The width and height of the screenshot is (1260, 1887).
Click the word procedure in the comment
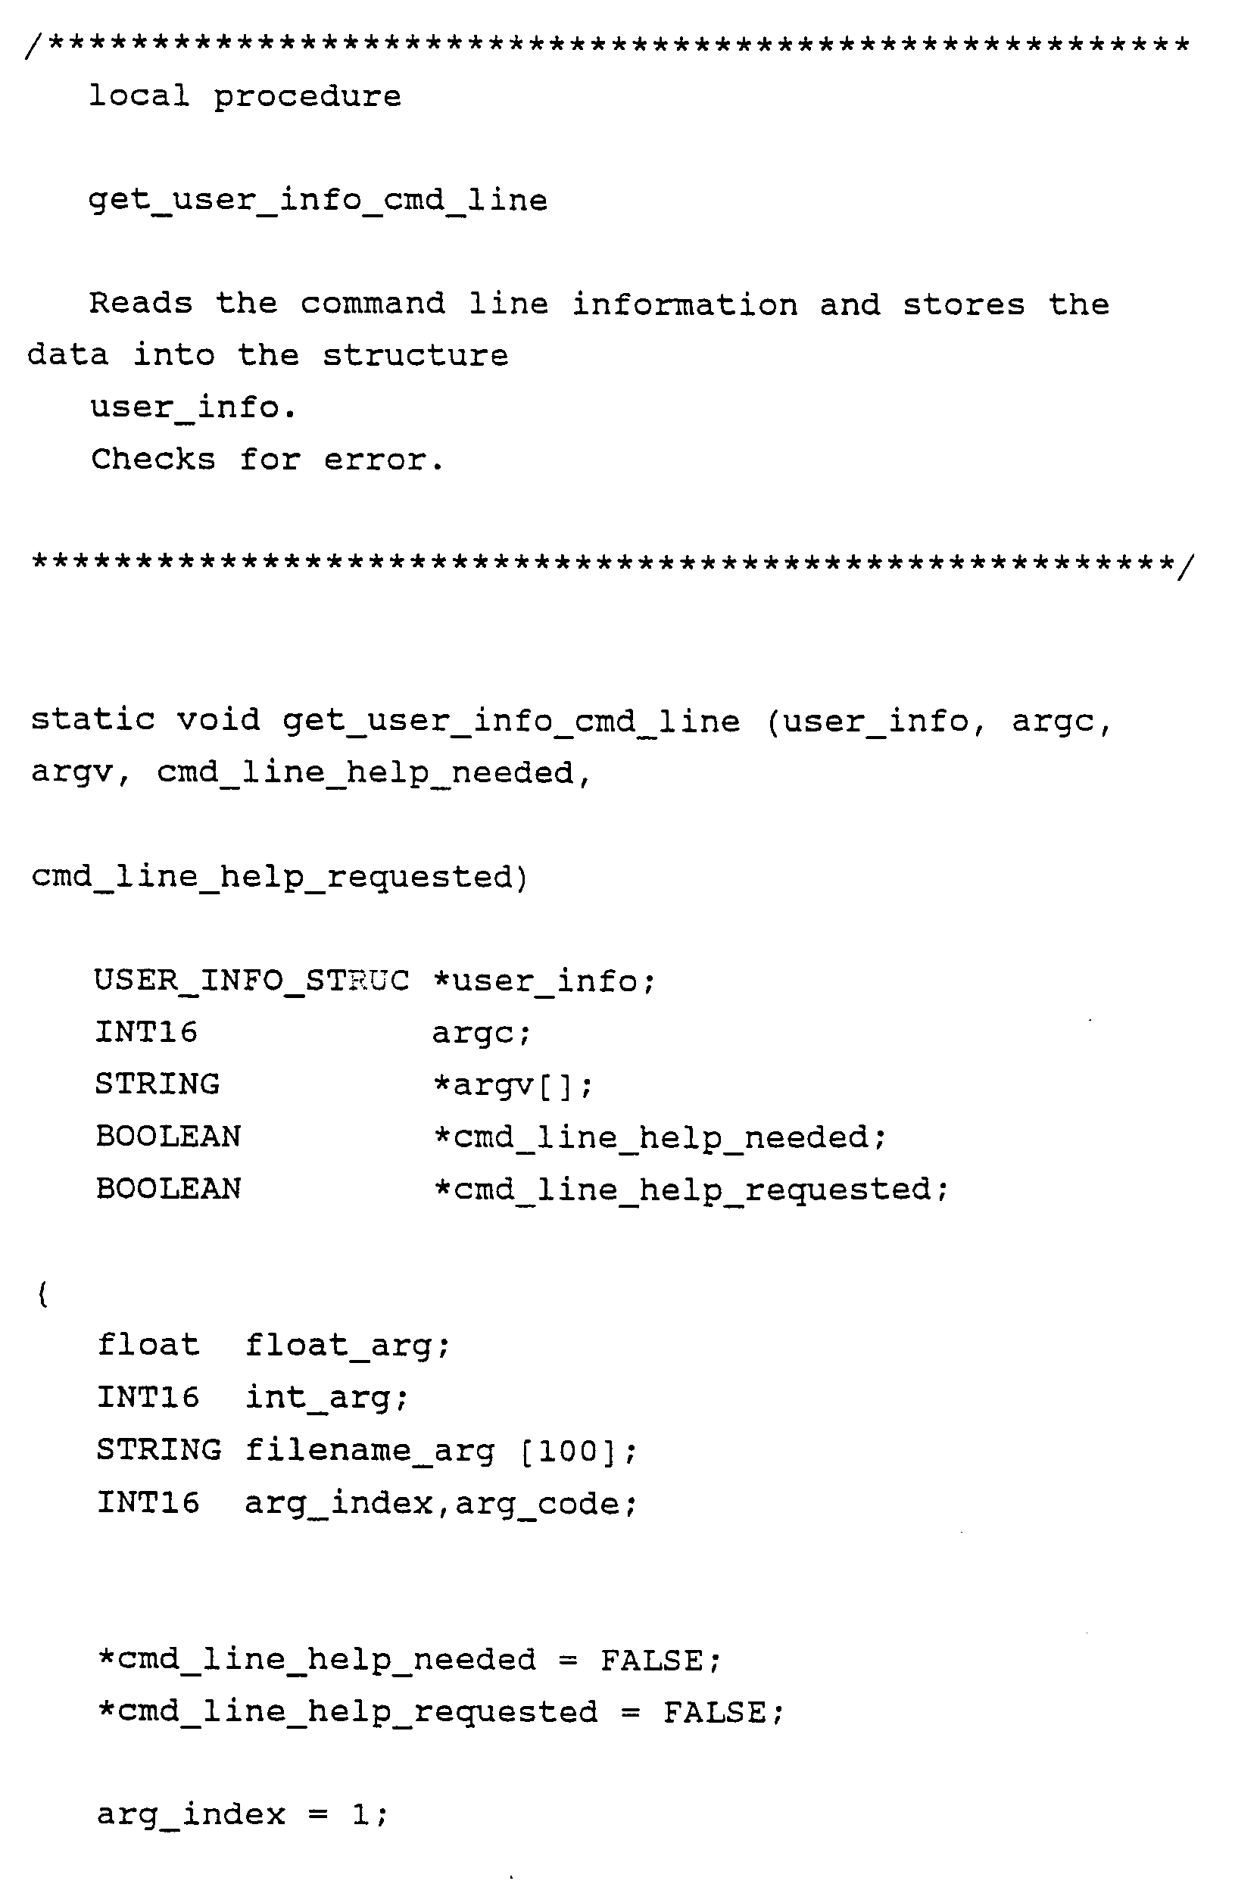(307, 97)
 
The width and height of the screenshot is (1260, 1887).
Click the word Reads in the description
(141, 304)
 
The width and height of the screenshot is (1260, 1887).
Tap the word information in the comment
(685, 305)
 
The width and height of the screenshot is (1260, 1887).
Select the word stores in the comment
(963, 305)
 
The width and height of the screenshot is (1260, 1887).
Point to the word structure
(416, 356)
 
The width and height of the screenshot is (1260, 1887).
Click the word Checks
(153, 460)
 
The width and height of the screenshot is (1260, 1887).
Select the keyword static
(92, 719)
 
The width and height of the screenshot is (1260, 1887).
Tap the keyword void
(219, 719)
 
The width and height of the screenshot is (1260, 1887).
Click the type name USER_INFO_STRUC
(251, 981)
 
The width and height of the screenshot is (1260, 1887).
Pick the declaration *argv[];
(513, 1086)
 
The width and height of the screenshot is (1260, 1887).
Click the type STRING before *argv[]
(157, 1084)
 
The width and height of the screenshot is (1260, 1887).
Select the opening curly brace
(42, 1295)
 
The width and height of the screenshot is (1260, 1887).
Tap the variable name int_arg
(326, 1399)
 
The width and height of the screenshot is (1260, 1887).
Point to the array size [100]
(569, 1452)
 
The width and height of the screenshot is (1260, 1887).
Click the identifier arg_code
(546, 1504)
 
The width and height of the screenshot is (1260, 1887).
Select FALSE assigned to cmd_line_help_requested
(714, 1713)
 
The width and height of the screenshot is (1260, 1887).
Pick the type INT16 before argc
(146, 1032)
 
